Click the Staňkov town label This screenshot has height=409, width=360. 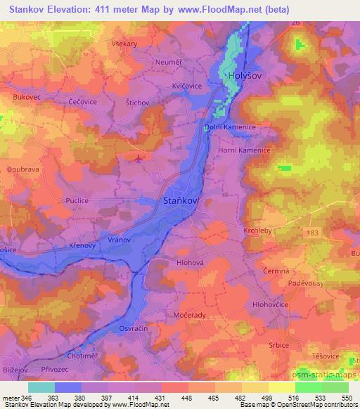[x=181, y=201]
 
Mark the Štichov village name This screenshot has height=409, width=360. [x=137, y=103]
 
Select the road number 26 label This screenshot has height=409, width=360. [x=296, y=23]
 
